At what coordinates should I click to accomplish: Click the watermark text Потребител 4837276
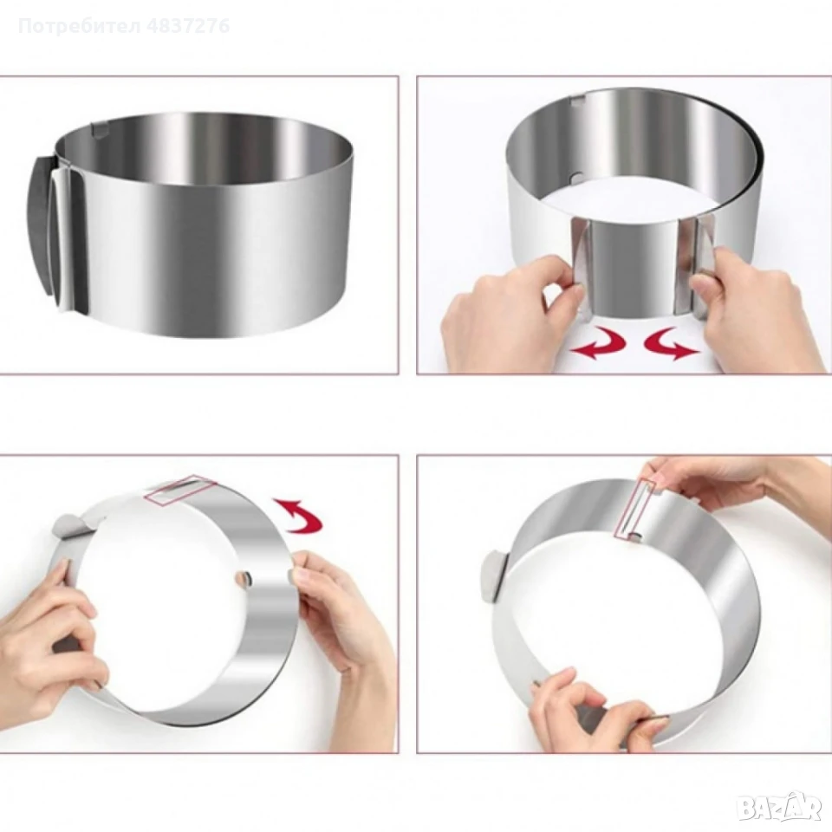(124, 25)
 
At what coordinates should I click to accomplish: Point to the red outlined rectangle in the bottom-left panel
(180, 487)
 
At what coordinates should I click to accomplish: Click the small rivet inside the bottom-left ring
(244, 578)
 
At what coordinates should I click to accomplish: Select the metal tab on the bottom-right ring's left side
(496, 576)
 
